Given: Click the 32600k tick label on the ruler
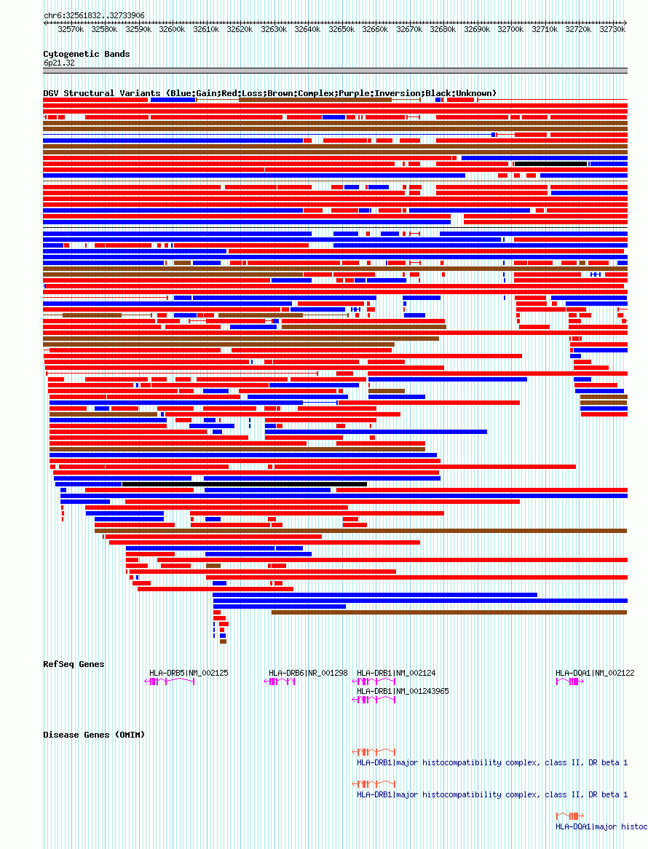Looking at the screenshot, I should (x=172, y=29).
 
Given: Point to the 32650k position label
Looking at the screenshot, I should (x=341, y=29).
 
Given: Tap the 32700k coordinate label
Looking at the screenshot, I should (x=510, y=29).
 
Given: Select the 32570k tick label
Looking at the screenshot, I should (x=71, y=29).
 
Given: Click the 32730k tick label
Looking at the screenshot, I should (x=612, y=29).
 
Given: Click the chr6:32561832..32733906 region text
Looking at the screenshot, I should (x=94, y=15).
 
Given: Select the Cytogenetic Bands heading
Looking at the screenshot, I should (x=86, y=54).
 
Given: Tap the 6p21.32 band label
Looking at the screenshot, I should (x=58, y=63).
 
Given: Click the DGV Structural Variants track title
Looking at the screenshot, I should (x=269, y=93).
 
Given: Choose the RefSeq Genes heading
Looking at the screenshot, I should (x=74, y=664).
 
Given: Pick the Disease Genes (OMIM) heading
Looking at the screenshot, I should (x=94, y=735).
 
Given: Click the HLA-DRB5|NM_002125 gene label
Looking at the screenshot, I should (x=189, y=673).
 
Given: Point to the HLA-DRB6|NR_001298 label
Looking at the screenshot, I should (x=308, y=673).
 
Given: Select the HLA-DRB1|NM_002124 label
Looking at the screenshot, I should (x=396, y=673).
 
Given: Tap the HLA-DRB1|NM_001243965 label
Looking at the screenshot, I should (x=403, y=690).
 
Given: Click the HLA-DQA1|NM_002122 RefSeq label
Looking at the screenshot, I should (x=595, y=673).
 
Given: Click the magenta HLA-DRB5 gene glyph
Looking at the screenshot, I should (x=170, y=682).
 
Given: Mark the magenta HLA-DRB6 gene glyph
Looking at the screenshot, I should (x=280, y=682).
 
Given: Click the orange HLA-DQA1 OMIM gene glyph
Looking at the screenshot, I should (x=570, y=816).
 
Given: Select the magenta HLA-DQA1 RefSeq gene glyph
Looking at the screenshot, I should (x=570, y=682).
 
